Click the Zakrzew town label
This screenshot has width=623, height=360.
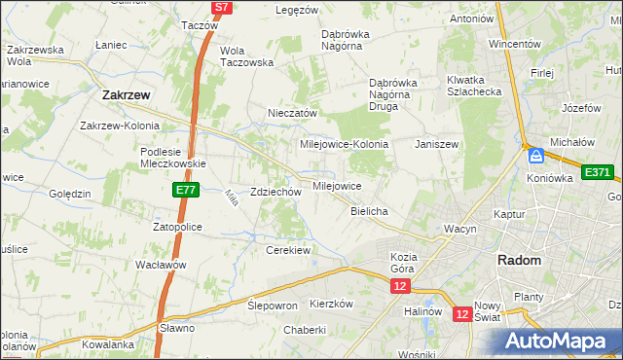(x=125, y=95)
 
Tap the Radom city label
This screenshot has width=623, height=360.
(x=519, y=260)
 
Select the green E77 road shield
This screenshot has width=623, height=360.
(x=187, y=191)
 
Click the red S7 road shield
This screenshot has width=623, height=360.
(x=222, y=7)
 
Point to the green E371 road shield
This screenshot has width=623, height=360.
(x=597, y=172)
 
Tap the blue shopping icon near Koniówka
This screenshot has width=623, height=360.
(x=535, y=155)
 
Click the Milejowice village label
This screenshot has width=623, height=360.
(x=337, y=186)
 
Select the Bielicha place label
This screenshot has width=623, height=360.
(x=369, y=211)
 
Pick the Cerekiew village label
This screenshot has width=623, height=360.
(x=288, y=250)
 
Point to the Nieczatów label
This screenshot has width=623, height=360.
(x=293, y=113)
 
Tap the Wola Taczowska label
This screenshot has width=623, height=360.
(x=247, y=55)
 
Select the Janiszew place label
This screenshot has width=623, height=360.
(x=436, y=144)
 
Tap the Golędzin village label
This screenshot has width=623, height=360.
(x=68, y=194)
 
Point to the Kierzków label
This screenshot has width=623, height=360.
(x=330, y=304)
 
